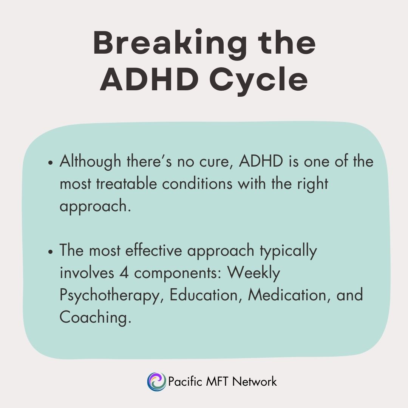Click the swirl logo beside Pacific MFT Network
point(156,381)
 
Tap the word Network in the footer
point(254,381)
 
